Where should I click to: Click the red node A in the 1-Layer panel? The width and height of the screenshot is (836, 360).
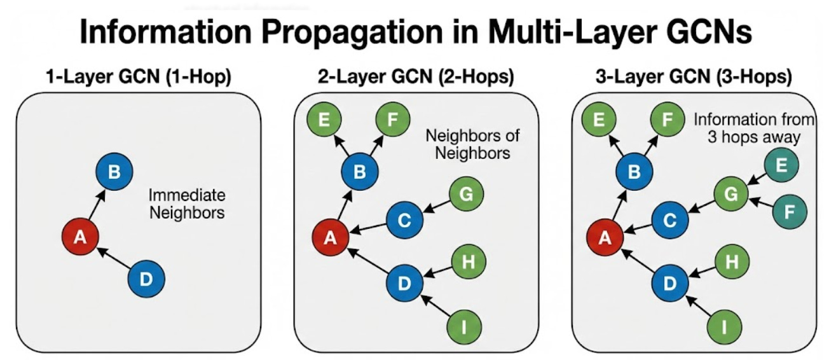click(79, 237)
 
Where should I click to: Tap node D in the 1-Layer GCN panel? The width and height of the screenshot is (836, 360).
click(146, 279)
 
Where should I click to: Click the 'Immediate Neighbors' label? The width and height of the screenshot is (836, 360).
click(187, 204)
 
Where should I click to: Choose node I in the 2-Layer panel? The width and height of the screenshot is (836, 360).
click(464, 327)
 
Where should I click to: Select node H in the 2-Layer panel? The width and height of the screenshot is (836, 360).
click(469, 261)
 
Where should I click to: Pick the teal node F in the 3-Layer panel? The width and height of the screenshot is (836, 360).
click(789, 211)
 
